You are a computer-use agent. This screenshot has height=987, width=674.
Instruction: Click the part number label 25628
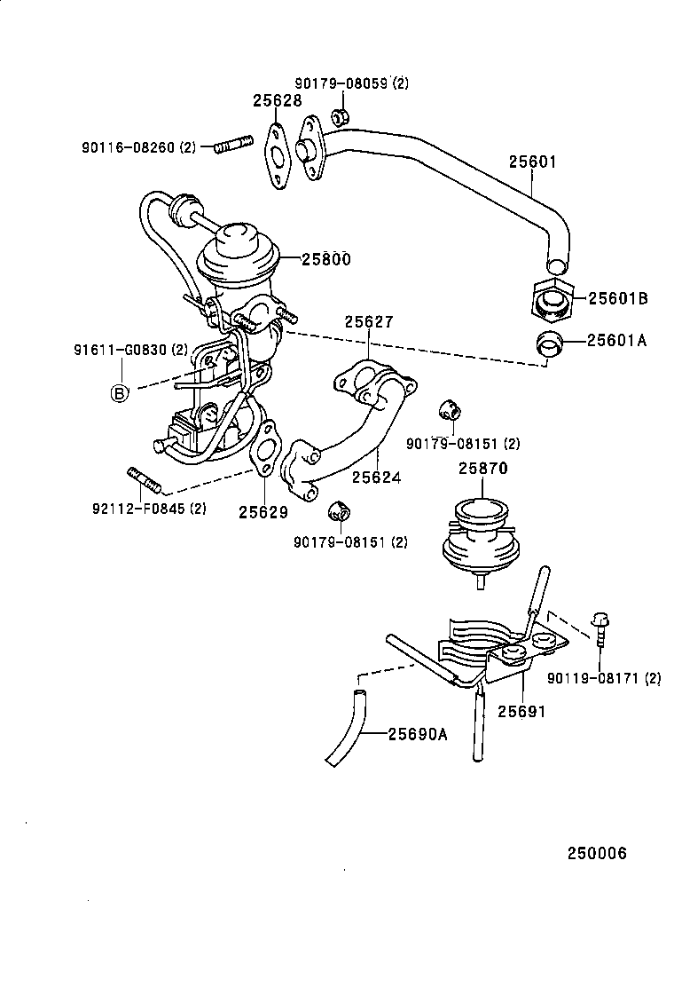(x=278, y=101)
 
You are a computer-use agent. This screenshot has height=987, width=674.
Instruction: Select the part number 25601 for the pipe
(x=533, y=162)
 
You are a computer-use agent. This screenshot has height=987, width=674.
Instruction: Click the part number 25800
(x=325, y=259)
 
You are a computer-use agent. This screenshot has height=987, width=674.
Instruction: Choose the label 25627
(x=369, y=322)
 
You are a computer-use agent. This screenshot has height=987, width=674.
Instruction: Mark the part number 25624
(x=376, y=478)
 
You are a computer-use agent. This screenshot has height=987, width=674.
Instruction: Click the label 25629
(x=263, y=511)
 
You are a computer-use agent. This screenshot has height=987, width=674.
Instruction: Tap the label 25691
(x=521, y=711)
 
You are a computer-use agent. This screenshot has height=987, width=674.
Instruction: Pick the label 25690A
(x=417, y=734)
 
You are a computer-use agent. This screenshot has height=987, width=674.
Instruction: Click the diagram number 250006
(x=597, y=854)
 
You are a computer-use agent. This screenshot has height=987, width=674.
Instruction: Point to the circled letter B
(x=119, y=393)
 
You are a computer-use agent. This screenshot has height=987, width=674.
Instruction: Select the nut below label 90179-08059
(x=340, y=116)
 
